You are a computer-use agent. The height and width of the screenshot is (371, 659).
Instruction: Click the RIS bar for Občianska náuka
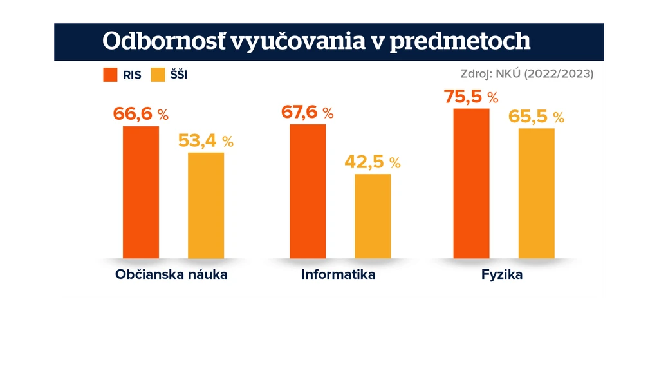(141, 192)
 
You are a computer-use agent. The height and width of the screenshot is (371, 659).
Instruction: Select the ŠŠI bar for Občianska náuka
(206, 205)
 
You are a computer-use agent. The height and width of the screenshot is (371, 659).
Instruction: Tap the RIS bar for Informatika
(308, 191)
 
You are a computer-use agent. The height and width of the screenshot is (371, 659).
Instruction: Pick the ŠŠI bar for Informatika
(373, 216)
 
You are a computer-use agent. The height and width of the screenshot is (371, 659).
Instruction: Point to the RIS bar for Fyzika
(471, 184)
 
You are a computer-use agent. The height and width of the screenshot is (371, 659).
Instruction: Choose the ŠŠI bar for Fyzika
(537, 193)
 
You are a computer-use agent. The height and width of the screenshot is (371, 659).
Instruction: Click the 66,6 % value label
(141, 114)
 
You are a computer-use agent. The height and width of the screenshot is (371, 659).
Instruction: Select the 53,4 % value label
(206, 140)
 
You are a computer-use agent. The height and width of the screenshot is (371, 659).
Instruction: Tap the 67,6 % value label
(307, 112)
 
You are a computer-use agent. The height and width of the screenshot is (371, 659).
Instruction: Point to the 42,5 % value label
(373, 162)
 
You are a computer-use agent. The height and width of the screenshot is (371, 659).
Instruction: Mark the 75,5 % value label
(471, 97)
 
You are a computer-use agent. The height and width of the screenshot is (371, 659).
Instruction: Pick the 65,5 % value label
(536, 117)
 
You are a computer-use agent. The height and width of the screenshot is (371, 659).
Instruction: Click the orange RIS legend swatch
(110, 75)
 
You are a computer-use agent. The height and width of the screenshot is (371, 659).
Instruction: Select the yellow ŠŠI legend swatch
(158, 75)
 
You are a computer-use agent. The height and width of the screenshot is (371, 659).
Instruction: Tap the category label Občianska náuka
(171, 274)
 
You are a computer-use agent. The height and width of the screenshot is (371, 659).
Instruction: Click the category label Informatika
(339, 274)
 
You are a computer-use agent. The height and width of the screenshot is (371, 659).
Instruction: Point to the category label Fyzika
(502, 275)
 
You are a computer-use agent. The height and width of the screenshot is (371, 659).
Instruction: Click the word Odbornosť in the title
(164, 41)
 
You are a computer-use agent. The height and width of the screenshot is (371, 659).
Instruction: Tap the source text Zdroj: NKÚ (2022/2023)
(527, 74)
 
